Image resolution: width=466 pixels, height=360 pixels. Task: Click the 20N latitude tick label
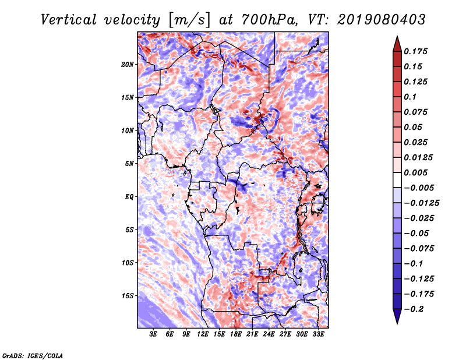point(127,65)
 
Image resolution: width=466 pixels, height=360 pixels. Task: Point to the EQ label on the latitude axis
point(129,197)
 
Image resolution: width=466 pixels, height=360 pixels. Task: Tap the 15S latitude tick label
point(127,296)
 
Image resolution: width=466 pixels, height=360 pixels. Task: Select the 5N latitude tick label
point(129,164)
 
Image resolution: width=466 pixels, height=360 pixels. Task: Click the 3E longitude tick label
point(153,334)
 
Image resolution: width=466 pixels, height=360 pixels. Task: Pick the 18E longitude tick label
point(236,334)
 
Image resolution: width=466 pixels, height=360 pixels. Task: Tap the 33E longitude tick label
point(318,334)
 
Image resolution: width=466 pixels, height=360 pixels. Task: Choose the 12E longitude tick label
point(203,334)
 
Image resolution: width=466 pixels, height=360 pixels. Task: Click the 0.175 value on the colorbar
point(415,51)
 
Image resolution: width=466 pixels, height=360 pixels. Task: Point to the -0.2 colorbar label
point(414,309)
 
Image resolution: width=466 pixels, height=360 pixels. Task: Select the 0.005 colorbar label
point(415,172)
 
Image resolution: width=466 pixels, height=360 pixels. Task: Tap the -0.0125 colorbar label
point(421,203)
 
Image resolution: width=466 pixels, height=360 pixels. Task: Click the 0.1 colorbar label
point(410,97)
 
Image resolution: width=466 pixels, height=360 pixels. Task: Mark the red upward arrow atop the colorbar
point(397,44)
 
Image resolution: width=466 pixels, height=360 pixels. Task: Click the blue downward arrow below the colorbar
point(397,316)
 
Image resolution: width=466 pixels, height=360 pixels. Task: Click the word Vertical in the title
point(69,20)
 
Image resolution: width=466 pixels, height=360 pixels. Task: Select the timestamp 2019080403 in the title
point(382,20)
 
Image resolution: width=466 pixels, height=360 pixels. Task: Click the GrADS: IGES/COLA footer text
point(33,355)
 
